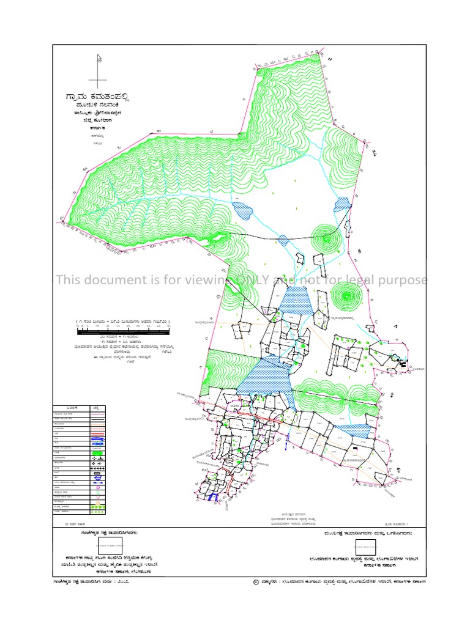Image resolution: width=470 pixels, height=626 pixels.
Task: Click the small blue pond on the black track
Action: click(283, 240)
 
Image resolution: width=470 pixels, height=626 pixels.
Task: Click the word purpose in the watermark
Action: click(403, 280)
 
